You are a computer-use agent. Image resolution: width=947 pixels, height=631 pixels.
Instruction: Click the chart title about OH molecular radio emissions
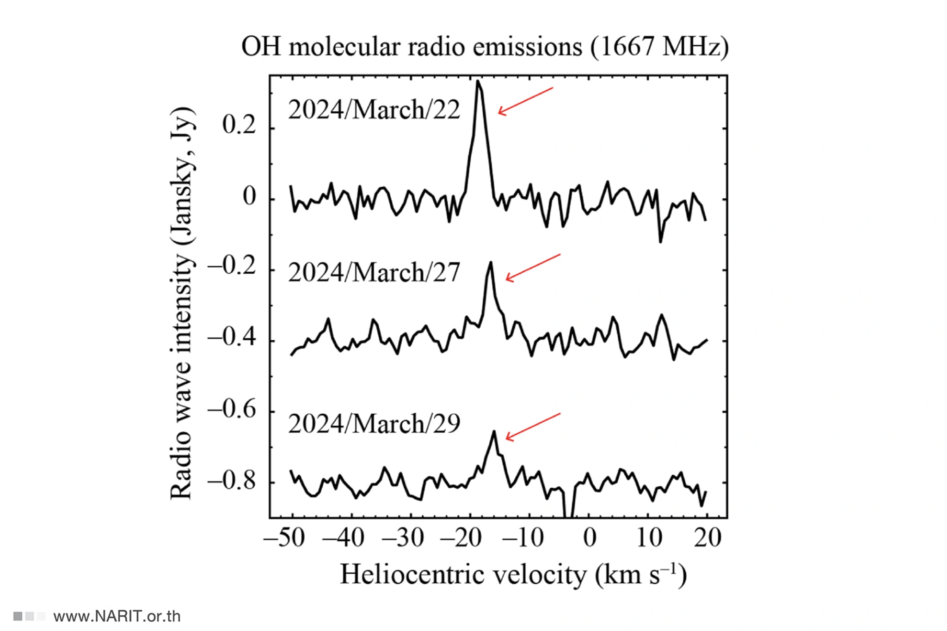[485, 47]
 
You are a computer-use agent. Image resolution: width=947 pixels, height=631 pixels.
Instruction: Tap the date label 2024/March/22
[374, 110]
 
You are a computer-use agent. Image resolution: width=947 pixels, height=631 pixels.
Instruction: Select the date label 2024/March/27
[374, 272]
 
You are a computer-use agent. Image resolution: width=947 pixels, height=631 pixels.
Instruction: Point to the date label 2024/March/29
[374, 423]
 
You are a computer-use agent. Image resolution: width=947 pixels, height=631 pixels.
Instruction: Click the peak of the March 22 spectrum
[478, 82]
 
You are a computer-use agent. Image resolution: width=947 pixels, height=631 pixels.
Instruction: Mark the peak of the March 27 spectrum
[490, 263]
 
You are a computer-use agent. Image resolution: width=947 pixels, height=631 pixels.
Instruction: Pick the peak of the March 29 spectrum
[494, 432]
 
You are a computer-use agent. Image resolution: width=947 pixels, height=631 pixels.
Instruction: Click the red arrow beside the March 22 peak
[525, 101]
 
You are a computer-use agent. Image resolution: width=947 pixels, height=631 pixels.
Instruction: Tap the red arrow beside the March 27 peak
[532, 267]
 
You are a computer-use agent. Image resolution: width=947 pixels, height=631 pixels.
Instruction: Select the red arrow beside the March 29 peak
[532, 427]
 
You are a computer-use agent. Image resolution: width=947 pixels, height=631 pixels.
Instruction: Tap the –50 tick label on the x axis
[284, 538]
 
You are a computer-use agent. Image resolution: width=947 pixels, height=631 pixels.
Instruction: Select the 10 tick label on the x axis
[649, 538]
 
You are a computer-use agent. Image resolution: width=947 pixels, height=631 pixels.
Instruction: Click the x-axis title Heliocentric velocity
[513, 575]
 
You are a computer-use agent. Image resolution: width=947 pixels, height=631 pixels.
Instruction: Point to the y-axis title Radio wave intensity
[181, 303]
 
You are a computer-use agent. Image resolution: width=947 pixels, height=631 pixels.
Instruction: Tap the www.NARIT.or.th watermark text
[117, 616]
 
